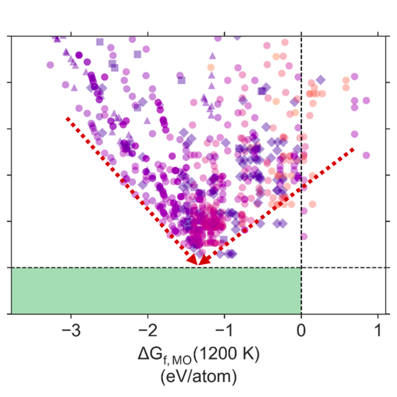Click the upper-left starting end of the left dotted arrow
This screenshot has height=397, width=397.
[x=67, y=119]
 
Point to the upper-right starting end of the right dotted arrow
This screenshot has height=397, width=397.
[x=354, y=149]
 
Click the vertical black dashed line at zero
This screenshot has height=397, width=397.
[x=301, y=157]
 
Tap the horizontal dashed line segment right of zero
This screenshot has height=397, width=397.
[x=343, y=267]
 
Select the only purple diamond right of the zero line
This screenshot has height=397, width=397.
[x=320, y=80]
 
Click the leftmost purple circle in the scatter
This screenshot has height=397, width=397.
[x=50, y=65]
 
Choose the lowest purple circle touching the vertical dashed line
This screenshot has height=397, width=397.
[x=303, y=236]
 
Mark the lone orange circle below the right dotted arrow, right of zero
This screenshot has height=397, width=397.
[x=312, y=204]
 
